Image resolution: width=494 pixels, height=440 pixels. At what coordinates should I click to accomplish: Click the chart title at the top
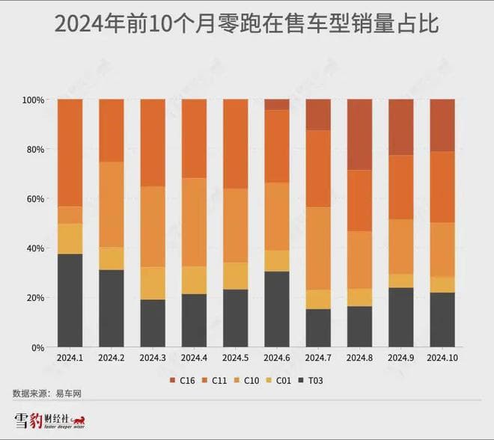(246, 25)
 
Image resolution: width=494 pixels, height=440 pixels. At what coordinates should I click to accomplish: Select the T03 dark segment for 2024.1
(70, 300)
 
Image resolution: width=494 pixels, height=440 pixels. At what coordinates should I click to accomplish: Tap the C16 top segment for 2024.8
(359, 135)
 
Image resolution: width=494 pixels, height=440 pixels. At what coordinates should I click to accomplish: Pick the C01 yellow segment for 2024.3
(153, 283)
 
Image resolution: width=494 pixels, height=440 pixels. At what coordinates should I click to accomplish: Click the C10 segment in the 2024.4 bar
(194, 222)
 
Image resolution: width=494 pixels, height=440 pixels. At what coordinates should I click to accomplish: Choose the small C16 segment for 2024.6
(277, 105)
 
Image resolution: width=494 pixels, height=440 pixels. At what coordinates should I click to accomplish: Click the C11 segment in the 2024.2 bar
(112, 130)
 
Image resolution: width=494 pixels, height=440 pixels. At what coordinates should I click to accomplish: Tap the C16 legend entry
(186, 379)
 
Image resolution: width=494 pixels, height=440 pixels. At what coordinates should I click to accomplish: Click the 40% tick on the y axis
(35, 248)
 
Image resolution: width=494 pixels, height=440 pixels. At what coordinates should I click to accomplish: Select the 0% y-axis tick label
(37, 348)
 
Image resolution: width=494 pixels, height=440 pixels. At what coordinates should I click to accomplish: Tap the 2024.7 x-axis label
(318, 357)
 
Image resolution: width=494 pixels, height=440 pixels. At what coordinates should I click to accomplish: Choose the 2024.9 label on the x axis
(401, 357)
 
